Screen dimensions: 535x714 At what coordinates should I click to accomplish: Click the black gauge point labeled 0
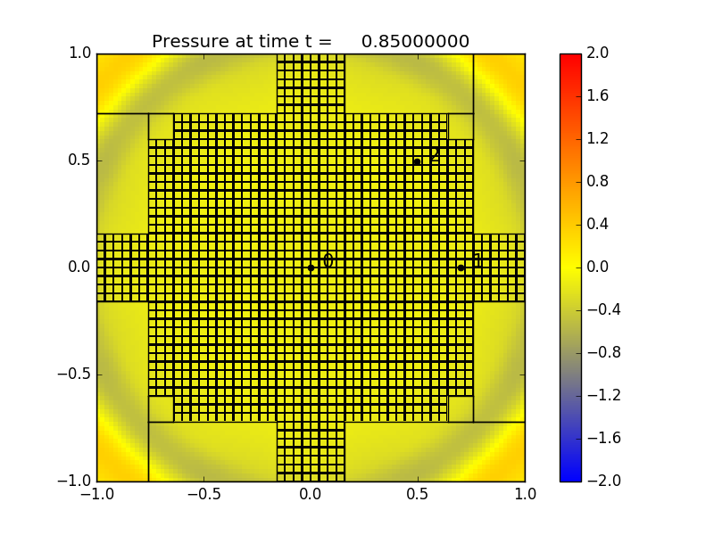click(311, 267)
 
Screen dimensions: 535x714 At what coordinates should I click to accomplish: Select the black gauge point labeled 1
click(461, 267)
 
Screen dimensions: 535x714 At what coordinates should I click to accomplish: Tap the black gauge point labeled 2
click(417, 161)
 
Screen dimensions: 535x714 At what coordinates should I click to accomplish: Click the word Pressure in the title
click(187, 42)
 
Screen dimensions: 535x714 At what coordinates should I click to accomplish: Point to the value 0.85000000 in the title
click(415, 42)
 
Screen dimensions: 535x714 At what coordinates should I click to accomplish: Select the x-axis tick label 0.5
click(418, 494)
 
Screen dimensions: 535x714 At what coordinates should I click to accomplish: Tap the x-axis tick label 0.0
click(311, 494)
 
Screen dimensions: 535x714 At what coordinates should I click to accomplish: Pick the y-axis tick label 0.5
click(79, 160)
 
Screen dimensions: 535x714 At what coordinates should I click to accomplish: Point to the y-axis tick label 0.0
click(79, 267)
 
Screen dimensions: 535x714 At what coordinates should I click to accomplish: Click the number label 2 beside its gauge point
click(435, 156)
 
